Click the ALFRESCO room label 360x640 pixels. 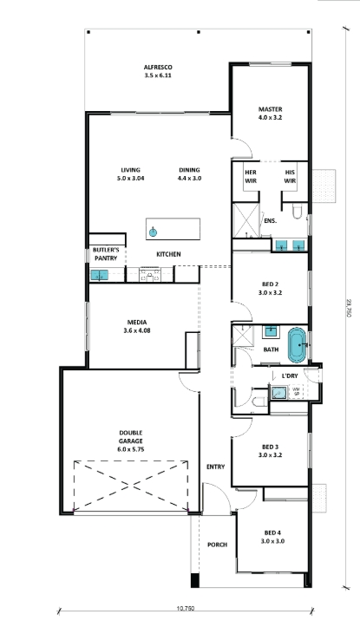[x=158, y=68]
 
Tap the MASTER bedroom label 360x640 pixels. [x=270, y=109]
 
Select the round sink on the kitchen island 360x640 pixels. [x=153, y=232]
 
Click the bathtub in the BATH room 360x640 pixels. [x=297, y=345]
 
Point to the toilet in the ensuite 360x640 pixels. [x=297, y=210]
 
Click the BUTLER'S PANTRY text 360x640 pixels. [x=106, y=254]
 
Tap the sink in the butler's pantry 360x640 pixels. [x=99, y=276]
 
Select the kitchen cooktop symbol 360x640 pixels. [x=150, y=275]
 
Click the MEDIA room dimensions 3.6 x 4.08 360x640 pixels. [x=137, y=331]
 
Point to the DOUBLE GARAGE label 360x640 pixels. [x=131, y=437]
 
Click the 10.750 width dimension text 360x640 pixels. [x=186, y=609]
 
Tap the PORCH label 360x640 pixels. [x=217, y=545]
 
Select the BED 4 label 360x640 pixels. [x=272, y=532]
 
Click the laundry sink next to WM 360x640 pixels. [x=279, y=393]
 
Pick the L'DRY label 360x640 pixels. [x=290, y=376]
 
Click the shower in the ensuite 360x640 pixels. [x=245, y=220]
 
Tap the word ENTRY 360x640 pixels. [x=215, y=467]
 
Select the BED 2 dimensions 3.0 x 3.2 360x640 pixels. [x=270, y=292]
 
